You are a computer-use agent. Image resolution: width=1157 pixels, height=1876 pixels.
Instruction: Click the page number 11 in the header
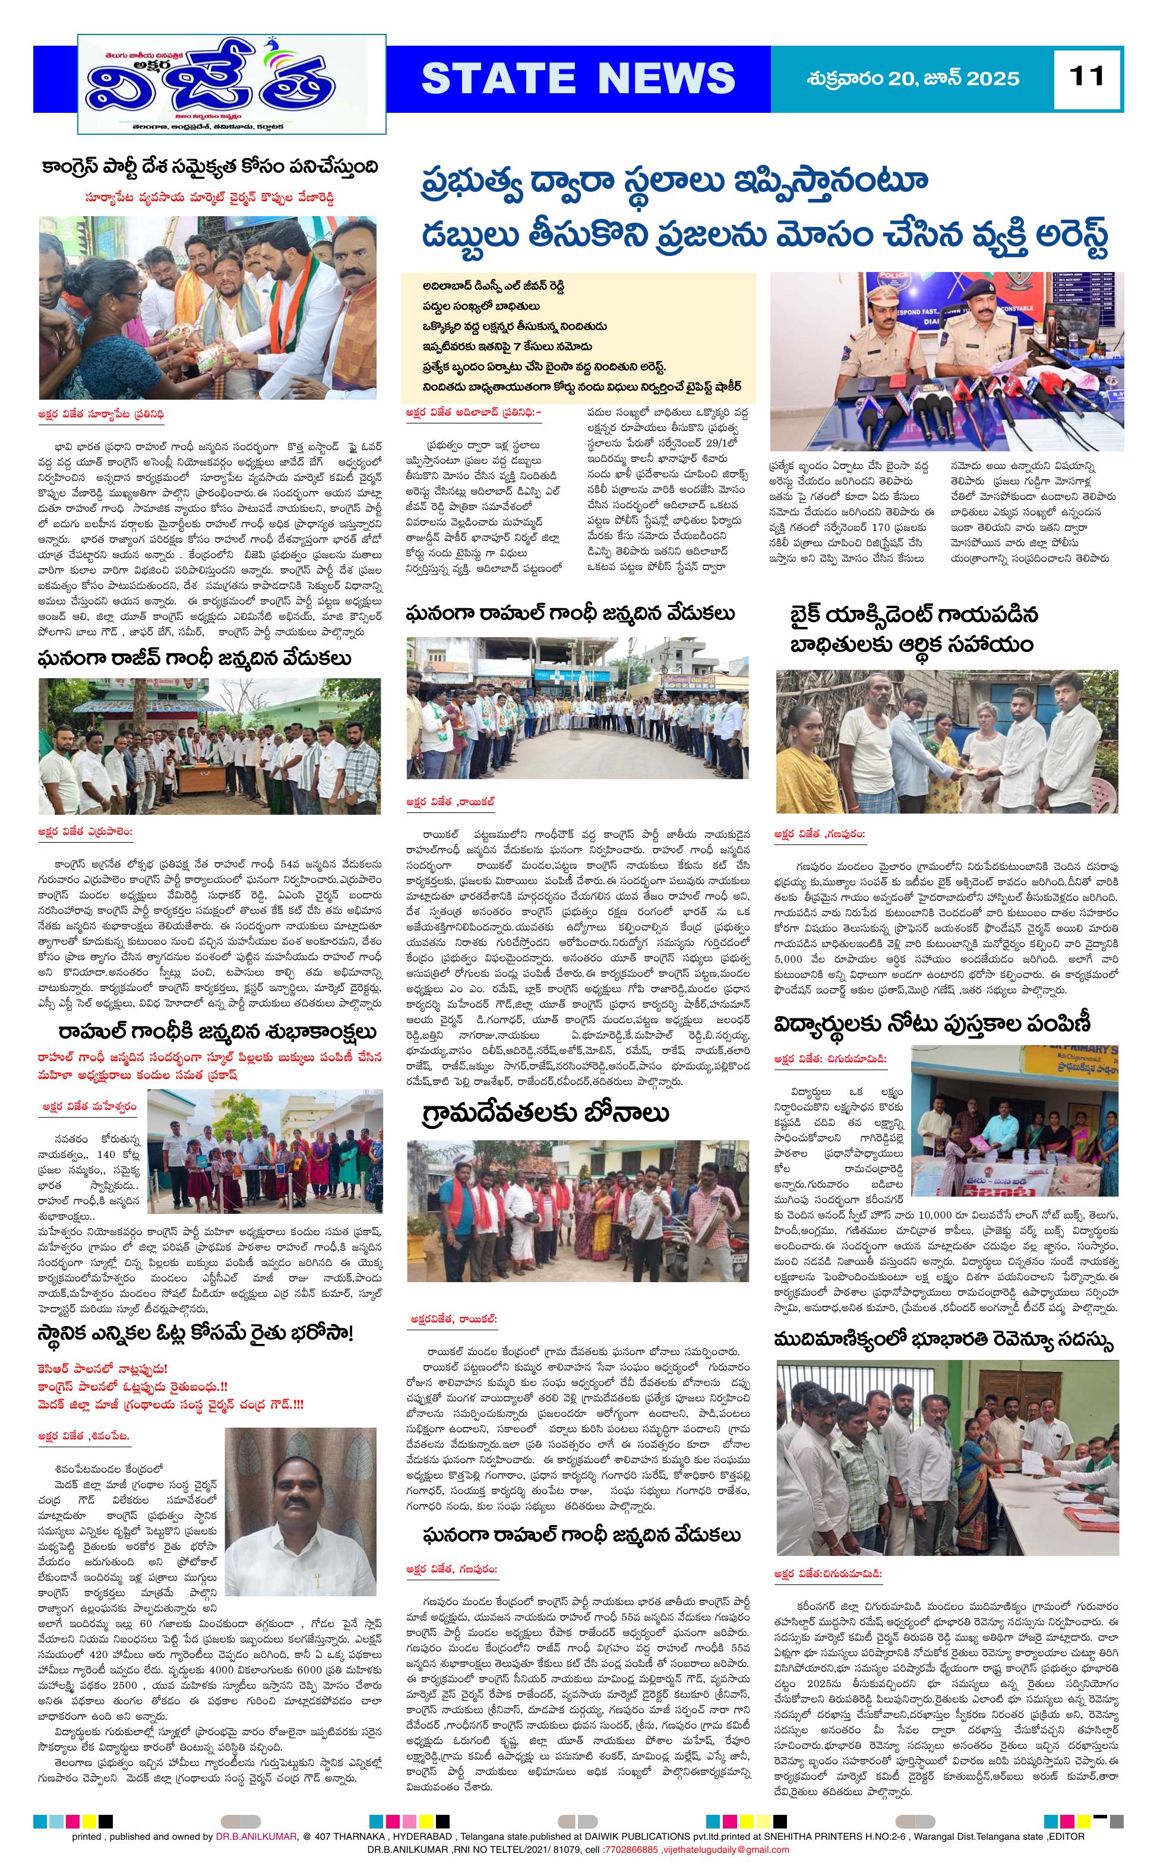pos(1088,76)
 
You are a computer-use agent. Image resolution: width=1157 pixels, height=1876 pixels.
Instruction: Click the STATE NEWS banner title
pos(578,78)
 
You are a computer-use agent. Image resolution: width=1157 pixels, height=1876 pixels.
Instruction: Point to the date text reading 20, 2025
pos(913,78)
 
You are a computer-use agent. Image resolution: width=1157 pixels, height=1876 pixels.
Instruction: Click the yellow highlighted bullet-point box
pos(578,337)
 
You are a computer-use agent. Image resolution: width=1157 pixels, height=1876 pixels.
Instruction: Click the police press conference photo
pos(947,360)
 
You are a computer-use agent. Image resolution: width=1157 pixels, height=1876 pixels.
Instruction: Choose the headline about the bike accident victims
pos(915,629)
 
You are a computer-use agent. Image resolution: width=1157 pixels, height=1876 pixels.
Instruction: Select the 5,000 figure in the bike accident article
pos(788,958)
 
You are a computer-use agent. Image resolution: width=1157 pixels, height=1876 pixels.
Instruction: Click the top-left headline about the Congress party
pos(210,167)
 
